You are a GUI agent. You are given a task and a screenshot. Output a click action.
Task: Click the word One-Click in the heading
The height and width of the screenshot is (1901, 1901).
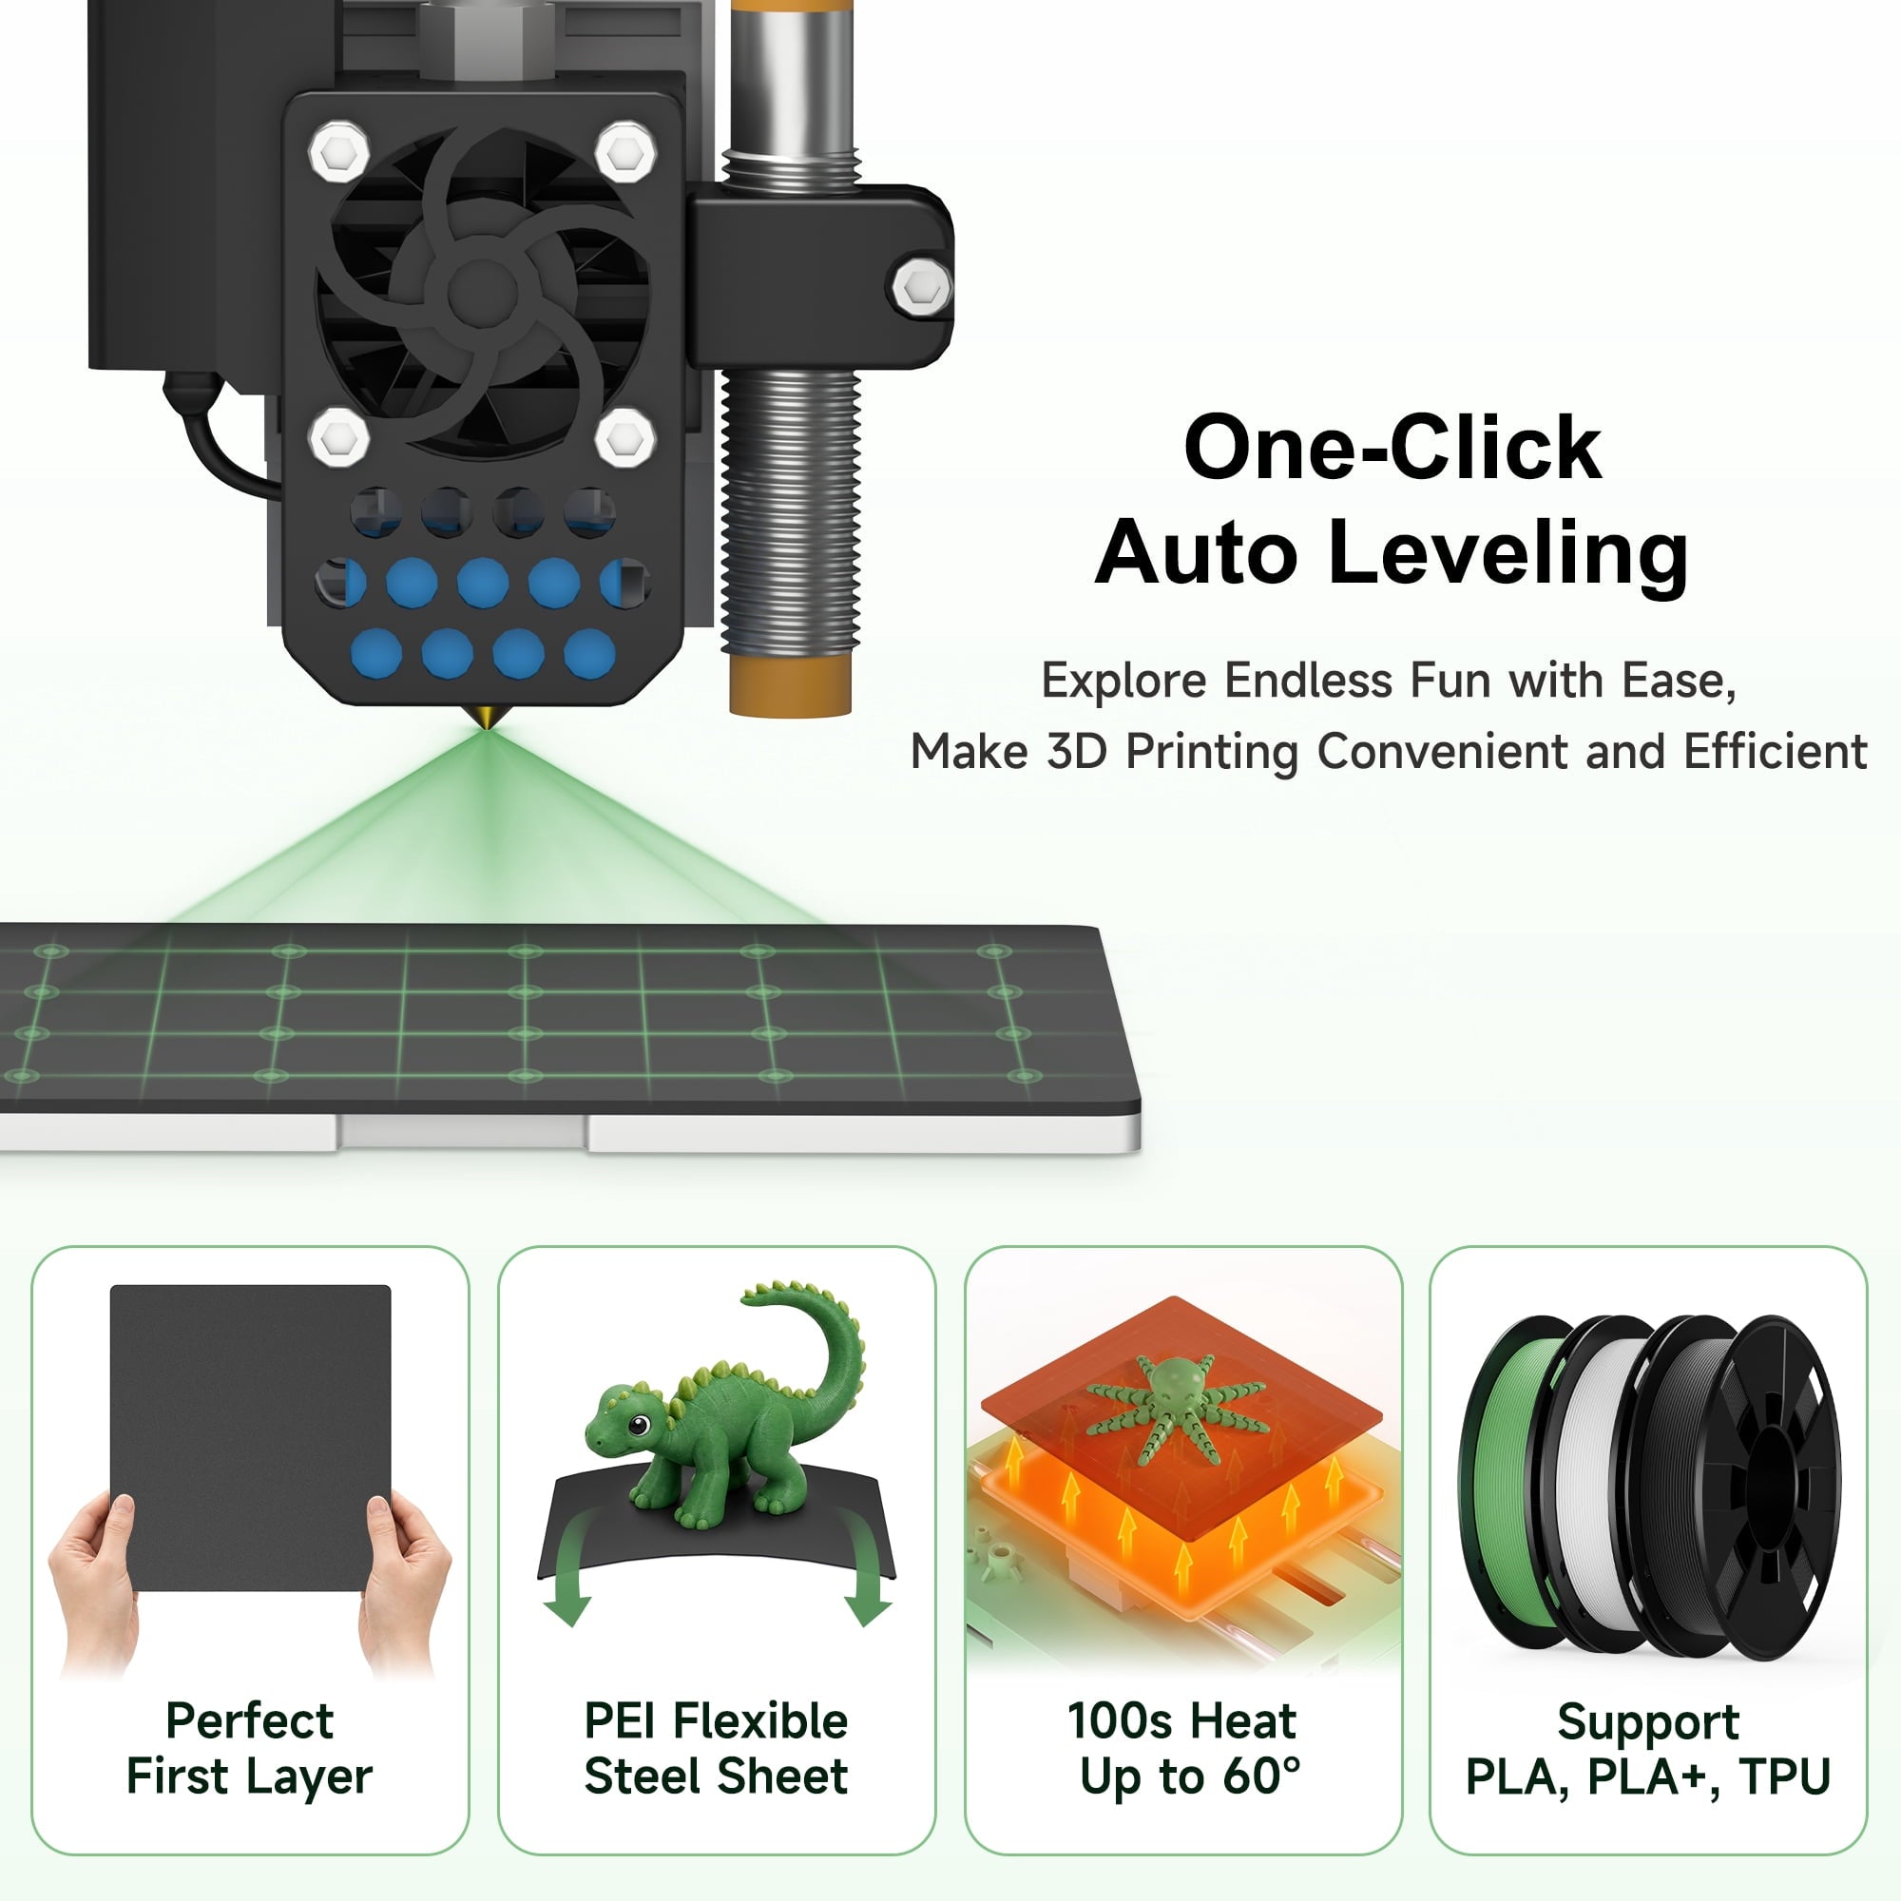pos(1392,448)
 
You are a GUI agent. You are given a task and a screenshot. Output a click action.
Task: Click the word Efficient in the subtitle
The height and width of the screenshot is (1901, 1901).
pos(1775,752)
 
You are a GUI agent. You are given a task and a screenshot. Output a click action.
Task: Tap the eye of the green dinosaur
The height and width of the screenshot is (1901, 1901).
pos(639,1426)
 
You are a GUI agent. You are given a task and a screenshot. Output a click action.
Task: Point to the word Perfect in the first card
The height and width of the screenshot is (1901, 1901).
pos(250,1721)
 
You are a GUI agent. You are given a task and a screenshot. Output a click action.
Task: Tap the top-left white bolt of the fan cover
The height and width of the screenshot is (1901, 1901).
pos(339,151)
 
